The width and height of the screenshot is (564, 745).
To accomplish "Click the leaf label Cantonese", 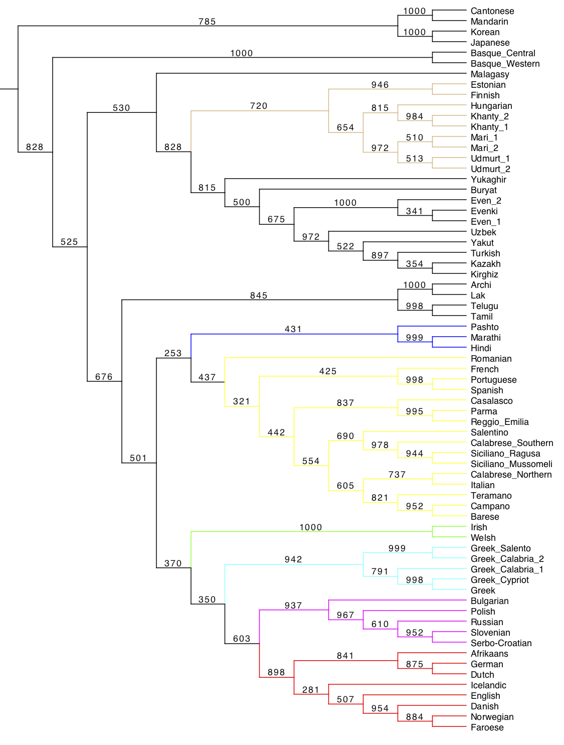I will pos(492,11).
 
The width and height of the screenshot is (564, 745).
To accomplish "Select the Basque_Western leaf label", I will pos(505,64).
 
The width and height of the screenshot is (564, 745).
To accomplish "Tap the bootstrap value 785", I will pos(207,22).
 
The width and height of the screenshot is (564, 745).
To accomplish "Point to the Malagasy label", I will pos(490,74).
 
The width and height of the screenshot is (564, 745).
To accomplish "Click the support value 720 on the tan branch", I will pos(259,106).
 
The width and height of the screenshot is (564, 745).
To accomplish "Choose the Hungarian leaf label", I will pos(491,106).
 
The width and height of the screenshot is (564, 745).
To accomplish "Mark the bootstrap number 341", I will pos(415,211).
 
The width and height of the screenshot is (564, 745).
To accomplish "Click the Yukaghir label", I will pos(488,180).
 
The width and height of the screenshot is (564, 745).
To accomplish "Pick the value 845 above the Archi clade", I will pos(259,295).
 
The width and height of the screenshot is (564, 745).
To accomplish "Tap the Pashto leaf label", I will pos(484,327).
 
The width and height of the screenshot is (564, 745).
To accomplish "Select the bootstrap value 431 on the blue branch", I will pos(293,329).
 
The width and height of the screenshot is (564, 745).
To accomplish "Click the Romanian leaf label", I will pos(491,359).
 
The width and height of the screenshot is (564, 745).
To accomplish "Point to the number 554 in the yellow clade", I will pos(311,461).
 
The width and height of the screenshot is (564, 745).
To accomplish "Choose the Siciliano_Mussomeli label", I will pos(511,464).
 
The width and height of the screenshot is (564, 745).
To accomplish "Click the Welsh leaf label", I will pos(483,538).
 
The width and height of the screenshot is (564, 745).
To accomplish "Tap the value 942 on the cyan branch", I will pos(293,559).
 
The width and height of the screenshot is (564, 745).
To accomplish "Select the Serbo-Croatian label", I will pos(501,643).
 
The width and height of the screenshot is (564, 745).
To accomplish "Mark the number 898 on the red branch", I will pos(276,672).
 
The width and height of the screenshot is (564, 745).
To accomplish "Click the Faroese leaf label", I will pos(487,727).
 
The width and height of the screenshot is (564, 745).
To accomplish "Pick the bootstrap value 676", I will pos(104,377).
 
